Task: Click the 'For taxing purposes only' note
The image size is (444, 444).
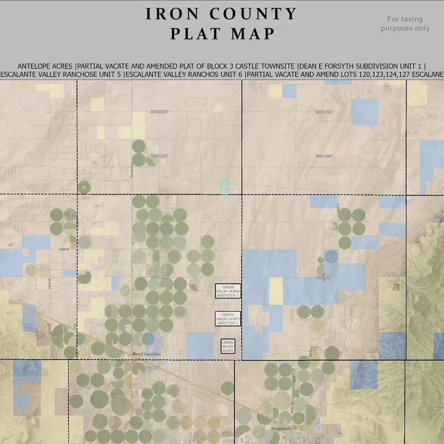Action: tap(405, 24)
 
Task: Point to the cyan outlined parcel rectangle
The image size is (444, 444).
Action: tap(224, 187)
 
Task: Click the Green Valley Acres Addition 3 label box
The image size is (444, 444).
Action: tap(228, 291)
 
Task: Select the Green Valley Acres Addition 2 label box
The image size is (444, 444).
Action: tap(228, 319)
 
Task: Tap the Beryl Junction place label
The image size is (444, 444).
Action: tap(147, 354)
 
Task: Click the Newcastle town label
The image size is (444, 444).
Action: tap(282, 429)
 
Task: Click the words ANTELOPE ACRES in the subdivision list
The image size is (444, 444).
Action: tap(46, 66)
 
